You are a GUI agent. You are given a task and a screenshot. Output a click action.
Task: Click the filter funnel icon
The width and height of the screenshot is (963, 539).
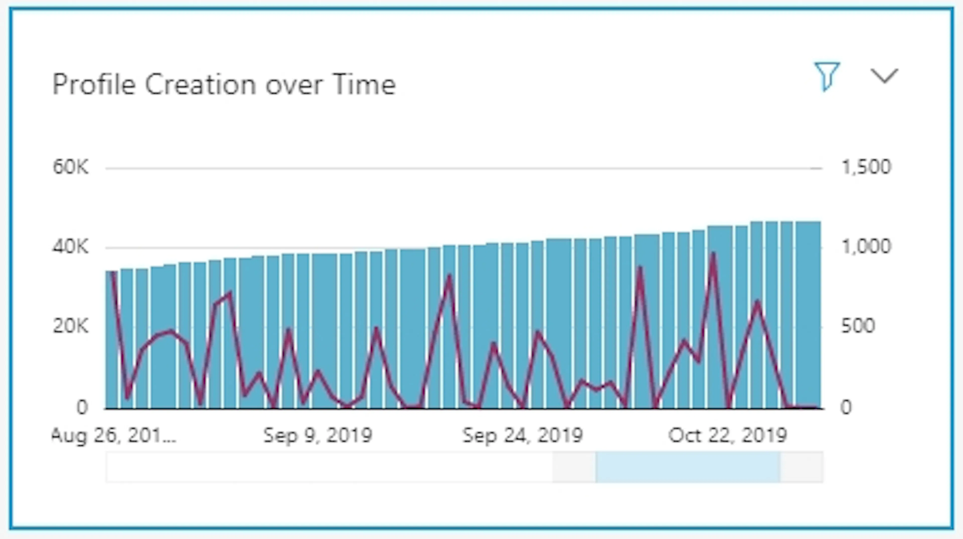tap(827, 76)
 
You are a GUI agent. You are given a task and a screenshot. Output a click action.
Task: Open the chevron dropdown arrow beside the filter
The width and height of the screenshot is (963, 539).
tap(884, 76)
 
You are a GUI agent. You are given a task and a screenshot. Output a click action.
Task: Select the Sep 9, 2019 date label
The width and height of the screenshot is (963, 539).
tap(318, 436)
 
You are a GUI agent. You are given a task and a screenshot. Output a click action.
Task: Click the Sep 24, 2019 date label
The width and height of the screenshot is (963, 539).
tap(523, 436)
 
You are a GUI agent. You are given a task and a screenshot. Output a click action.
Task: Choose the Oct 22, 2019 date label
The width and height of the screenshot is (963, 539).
tap(728, 436)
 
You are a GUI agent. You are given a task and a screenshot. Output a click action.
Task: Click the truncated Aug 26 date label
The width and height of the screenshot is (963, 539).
tap(114, 436)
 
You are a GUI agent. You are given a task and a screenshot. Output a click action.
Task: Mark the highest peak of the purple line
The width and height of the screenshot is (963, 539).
tap(713, 254)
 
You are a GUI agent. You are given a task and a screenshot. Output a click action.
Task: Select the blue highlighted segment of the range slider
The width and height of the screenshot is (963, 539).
tap(688, 467)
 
